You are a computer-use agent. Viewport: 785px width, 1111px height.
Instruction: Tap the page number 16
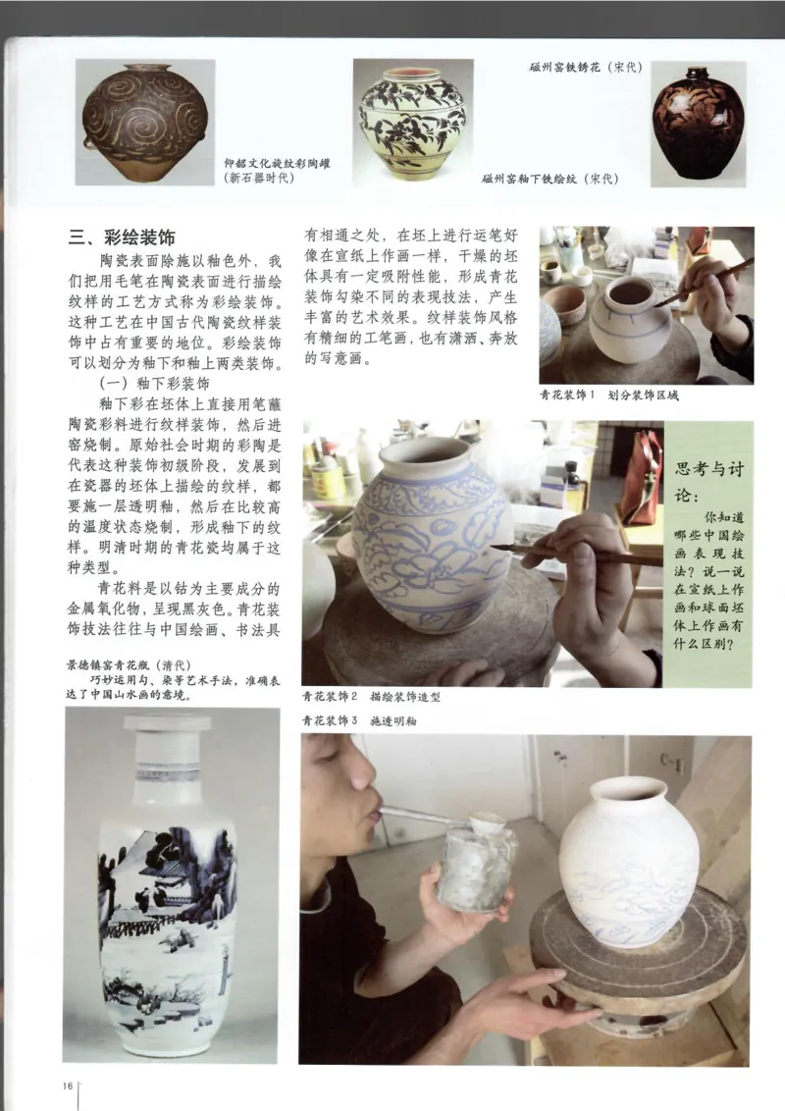68,1084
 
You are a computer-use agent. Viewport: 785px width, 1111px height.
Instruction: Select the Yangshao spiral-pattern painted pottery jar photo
146,123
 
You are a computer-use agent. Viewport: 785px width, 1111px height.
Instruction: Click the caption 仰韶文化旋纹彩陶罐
278,163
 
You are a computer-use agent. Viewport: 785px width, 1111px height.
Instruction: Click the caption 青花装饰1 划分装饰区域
608,395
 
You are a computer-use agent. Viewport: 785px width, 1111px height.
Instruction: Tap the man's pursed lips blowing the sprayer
369,811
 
